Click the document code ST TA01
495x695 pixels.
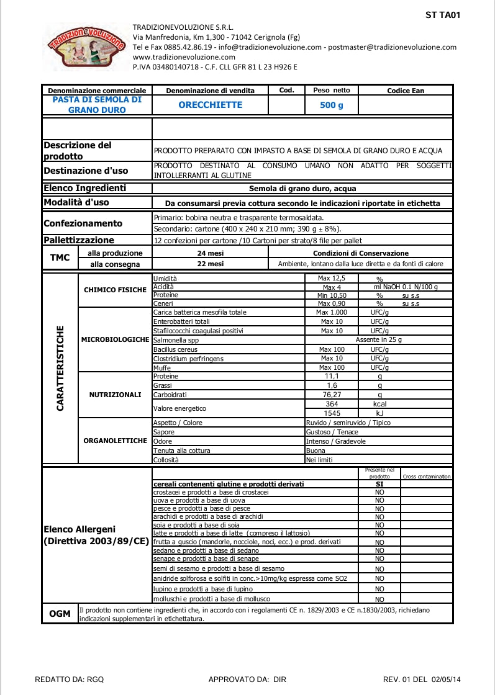pos(443,15)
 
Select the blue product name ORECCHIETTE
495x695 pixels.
pos(210,105)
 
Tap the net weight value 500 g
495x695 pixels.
pos(331,105)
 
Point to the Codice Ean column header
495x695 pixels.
pos(405,91)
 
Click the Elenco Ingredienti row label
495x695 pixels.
pos(84,188)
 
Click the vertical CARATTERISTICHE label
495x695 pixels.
pos(60,367)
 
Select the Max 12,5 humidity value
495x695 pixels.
pos(331,279)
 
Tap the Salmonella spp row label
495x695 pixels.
pos(176,340)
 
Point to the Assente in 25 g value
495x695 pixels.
pos(378,340)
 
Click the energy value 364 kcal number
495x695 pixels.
pos(331,404)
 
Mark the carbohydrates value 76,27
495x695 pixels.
pos(331,395)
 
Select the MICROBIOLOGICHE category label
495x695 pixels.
pos(115,340)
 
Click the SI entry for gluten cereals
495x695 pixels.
pos(379,483)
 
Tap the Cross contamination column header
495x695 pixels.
pos(427,477)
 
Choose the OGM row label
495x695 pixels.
pos(60,614)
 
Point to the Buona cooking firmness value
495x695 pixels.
pos(316,451)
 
